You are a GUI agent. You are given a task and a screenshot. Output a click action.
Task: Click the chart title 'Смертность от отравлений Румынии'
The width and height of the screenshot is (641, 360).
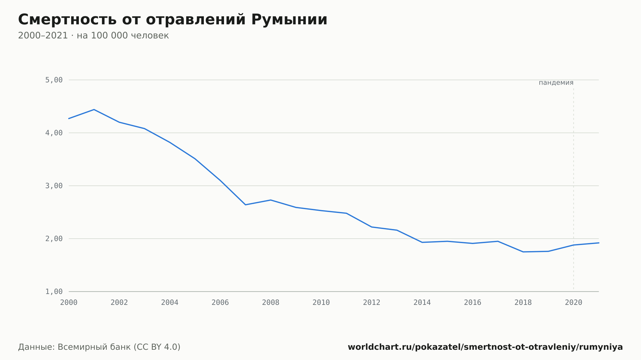pos(173,20)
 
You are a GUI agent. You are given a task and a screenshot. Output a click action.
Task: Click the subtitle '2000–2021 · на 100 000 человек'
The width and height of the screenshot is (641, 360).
pos(93,36)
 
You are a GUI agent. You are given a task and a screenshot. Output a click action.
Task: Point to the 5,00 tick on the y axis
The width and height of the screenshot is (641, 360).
pos(54,80)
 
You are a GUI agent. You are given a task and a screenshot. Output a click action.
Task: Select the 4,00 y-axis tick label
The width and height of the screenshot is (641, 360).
pos(54,133)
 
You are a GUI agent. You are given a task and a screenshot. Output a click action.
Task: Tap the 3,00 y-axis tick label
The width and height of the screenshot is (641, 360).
pos(54,186)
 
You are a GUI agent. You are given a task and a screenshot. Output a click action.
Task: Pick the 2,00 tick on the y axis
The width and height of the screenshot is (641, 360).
pos(54,239)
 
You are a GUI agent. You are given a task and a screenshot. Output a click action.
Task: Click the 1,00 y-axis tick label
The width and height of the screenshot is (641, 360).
pos(54,291)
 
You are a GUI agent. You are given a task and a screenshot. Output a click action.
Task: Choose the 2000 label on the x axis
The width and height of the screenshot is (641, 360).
pos(69,303)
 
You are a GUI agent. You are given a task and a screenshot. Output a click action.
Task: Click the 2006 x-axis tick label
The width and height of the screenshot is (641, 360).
pos(220,303)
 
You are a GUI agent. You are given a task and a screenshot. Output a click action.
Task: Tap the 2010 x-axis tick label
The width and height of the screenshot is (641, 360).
pos(321,303)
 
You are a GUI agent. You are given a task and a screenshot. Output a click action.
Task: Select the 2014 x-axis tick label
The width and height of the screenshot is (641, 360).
pos(422,303)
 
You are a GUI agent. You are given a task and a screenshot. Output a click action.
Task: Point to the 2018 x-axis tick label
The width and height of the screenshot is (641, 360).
pos(523,303)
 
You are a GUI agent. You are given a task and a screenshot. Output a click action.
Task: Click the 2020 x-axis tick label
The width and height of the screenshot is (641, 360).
pos(574,303)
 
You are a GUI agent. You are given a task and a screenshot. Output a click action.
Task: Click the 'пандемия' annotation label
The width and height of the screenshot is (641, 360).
pos(556,83)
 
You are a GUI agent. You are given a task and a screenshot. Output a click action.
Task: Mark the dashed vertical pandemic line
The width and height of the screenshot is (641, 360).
pos(574,189)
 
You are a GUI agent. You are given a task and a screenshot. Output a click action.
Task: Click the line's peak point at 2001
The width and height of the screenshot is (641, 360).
pos(94,110)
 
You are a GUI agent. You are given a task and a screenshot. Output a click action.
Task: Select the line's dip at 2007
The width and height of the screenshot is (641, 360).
pos(246,205)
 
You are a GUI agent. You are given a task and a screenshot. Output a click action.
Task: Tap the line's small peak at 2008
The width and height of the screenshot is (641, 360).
pos(271,200)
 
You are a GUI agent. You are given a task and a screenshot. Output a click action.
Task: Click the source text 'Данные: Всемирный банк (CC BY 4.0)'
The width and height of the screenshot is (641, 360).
pos(99,347)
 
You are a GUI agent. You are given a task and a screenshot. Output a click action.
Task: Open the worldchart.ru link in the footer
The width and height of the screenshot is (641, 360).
pos(485,347)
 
